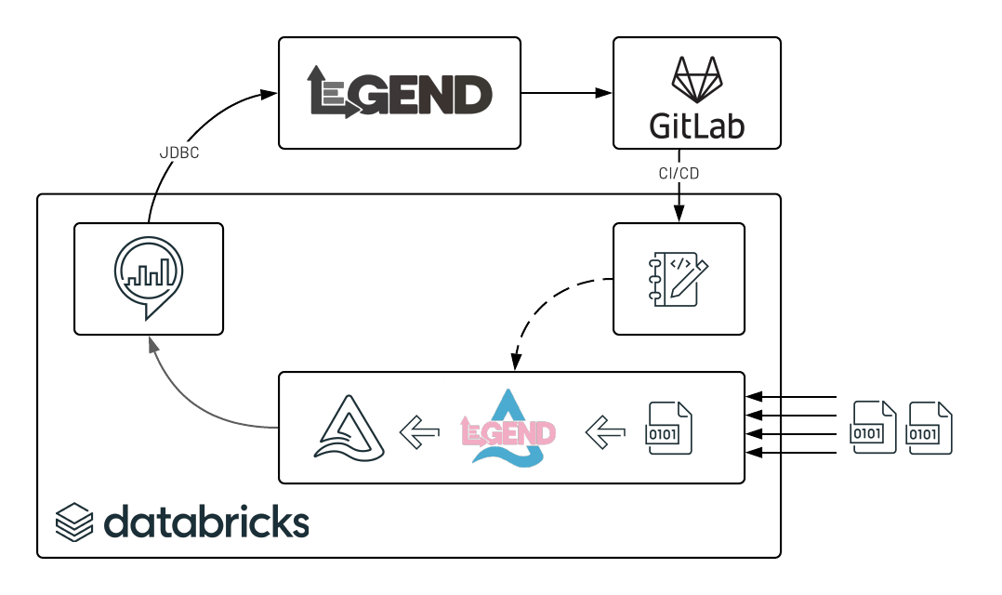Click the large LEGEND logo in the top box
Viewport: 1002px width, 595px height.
400,93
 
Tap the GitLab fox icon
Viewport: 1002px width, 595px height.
696,80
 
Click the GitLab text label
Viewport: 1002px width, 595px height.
696,125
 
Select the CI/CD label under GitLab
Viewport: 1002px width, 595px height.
678,173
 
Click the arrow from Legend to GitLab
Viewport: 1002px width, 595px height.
566,92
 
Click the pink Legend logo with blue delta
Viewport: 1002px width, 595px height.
508,429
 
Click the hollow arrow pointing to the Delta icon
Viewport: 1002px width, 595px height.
419,430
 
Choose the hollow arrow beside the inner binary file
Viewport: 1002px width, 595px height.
606,430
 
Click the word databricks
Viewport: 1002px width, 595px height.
206,522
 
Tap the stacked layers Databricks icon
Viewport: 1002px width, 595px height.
74,522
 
